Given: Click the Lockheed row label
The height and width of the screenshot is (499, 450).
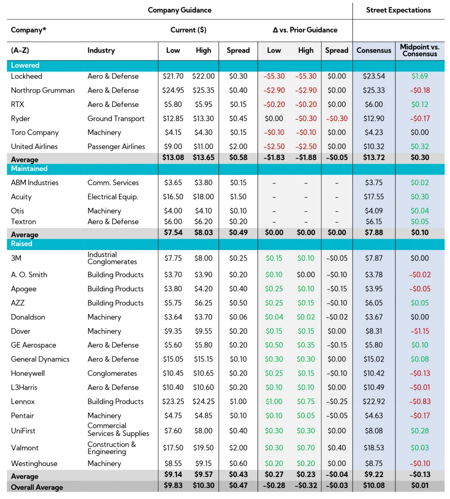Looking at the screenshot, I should (26, 76).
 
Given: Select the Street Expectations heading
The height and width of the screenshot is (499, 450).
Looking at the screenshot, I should (398, 10).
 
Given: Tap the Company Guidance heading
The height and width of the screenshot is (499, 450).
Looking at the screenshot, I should (179, 10).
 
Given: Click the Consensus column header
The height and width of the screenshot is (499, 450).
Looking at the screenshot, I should (373, 50).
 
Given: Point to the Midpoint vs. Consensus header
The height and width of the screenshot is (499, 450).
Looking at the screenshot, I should (419, 50).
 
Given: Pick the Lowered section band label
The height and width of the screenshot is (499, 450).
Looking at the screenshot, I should (25, 65).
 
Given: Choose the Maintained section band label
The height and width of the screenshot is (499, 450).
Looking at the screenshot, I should (29, 169).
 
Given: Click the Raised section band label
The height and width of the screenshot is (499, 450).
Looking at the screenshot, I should (21, 244).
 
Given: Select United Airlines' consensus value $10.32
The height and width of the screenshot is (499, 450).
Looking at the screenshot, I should (373, 147).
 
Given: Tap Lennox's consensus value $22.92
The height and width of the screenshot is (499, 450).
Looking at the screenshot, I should (373, 402).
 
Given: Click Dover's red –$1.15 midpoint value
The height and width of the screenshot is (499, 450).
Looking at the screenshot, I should (419, 331).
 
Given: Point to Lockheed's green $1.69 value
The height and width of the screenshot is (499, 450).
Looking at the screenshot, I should (419, 76).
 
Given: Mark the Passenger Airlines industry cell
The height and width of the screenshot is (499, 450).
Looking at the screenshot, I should (116, 147).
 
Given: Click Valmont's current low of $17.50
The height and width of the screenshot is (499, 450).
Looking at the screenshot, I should (173, 448).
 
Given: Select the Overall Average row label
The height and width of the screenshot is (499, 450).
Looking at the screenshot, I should (38, 487).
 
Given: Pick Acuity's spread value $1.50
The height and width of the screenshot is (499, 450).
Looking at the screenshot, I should (238, 197).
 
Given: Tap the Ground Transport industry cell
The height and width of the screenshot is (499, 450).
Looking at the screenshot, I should (116, 119).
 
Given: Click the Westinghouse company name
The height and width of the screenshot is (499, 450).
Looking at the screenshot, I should (34, 464).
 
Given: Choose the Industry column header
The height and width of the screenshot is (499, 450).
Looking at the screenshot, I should (101, 50).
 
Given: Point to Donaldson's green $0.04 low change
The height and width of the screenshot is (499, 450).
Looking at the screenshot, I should (274, 317).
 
